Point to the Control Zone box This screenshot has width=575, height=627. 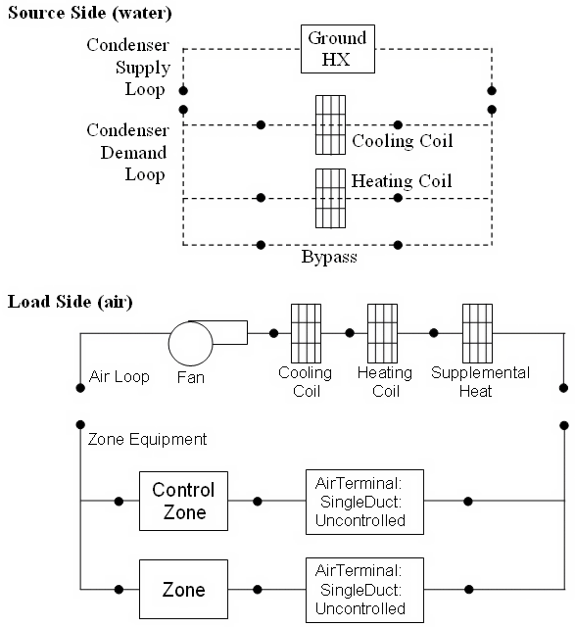pyautogui.click(x=183, y=500)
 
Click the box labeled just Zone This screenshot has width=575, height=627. pyautogui.click(x=183, y=589)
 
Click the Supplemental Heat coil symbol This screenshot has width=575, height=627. pyautogui.click(x=477, y=333)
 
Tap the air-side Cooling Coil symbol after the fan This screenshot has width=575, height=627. pyautogui.click(x=306, y=333)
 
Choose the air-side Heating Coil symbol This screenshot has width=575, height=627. pyautogui.click(x=382, y=333)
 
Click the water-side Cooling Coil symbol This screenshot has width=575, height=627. pyautogui.click(x=330, y=124)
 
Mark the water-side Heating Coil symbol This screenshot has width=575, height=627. pyautogui.click(x=330, y=198)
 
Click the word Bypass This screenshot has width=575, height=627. pyautogui.click(x=328, y=260)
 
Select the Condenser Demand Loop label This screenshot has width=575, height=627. pyautogui.click(x=127, y=153)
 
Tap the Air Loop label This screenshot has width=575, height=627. pyautogui.click(x=119, y=376)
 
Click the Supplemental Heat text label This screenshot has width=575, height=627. pyautogui.click(x=481, y=382)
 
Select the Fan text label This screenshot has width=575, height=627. pyautogui.click(x=192, y=376)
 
